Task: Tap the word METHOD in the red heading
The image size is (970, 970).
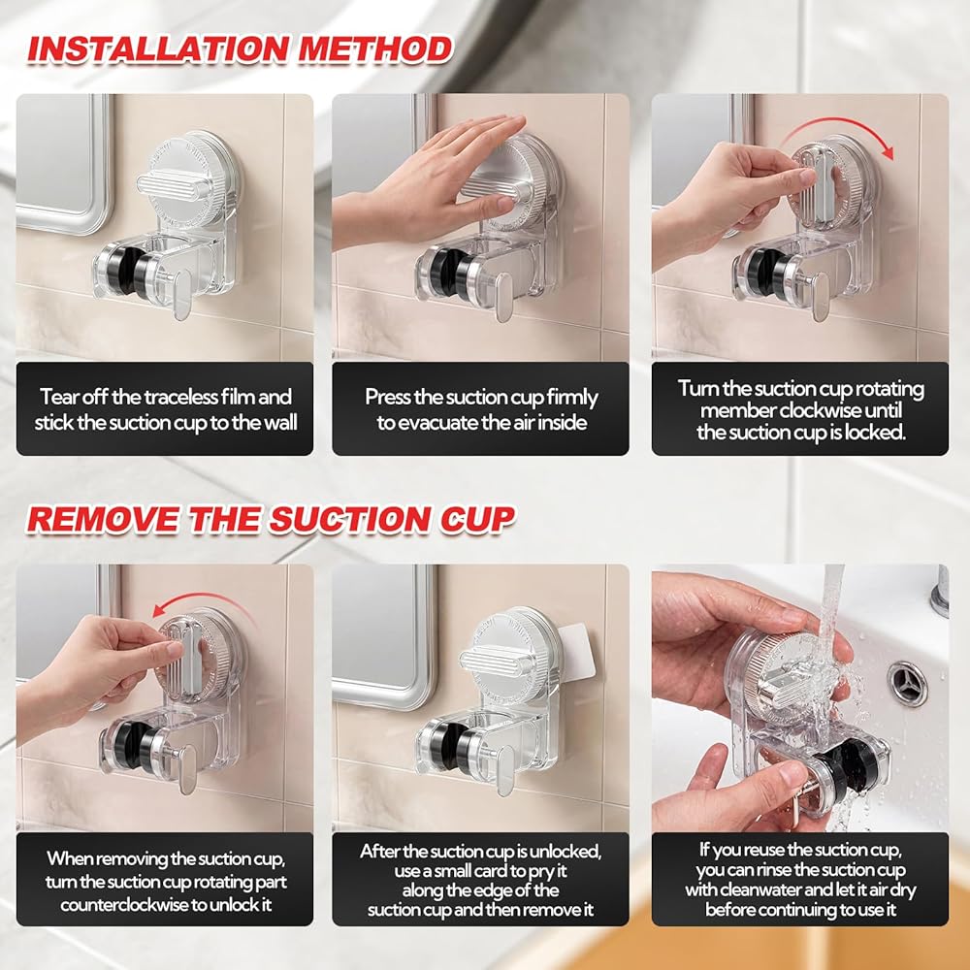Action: (x=375, y=49)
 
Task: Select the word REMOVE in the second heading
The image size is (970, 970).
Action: (x=105, y=519)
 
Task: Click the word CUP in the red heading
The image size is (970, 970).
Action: (x=477, y=519)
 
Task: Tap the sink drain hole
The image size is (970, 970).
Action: (x=908, y=682)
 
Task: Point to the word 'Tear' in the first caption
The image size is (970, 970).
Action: (x=53, y=397)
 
